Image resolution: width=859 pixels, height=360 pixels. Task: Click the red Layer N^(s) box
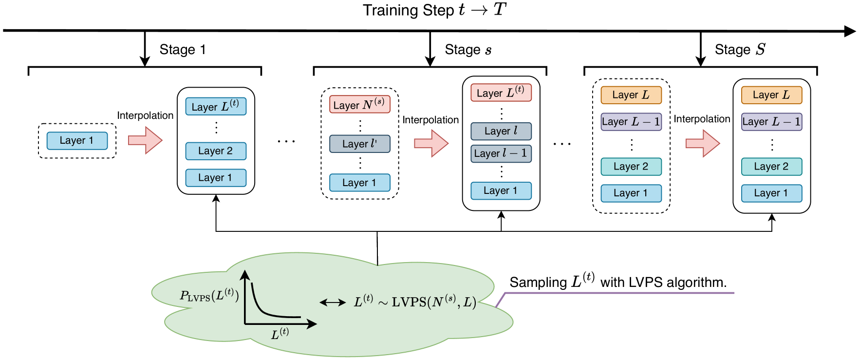[x=359, y=104]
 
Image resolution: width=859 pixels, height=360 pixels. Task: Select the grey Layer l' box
[x=359, y=144]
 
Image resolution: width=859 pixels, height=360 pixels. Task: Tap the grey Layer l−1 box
[x=501, y=153]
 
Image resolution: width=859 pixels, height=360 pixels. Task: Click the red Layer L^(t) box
[x=501, y=93]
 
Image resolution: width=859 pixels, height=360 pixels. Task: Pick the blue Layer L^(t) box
[x=216, y=106]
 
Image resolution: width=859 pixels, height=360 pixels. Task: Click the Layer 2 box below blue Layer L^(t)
[x=216, y=151]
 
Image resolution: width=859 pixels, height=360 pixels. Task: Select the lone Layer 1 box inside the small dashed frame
[x=77, y=141]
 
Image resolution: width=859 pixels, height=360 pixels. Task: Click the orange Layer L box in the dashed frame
[x=631, y=95]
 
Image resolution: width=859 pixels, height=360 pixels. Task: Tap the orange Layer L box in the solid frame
[x=771, y=95]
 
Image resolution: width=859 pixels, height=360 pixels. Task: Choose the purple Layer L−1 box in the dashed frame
[x=631, y=122]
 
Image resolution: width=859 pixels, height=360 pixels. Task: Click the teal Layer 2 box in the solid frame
[x=771, y=167]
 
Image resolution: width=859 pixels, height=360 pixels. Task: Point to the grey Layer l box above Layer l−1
[x=501, y=131]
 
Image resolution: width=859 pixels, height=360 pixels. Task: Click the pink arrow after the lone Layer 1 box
[x=145, y=140]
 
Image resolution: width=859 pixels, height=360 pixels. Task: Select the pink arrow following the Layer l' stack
[x=431, y=143]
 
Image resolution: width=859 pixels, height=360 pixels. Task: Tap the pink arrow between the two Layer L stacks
[x=702, y=143]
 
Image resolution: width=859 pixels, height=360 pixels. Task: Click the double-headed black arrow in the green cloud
[x=333, y=303]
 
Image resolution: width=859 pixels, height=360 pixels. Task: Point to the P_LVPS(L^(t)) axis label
[x=209, y=295]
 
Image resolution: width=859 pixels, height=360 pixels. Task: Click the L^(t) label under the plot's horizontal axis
[x=280, y=334]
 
